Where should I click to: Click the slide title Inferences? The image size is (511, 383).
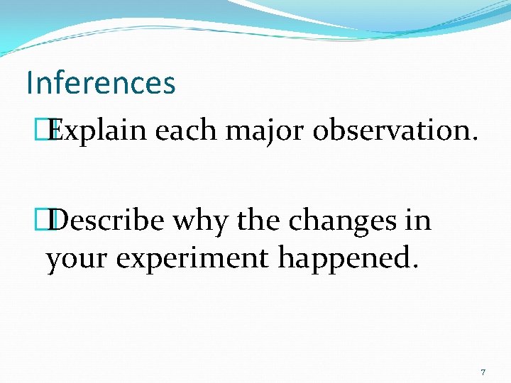[100, 83]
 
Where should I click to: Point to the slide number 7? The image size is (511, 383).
[483, 372]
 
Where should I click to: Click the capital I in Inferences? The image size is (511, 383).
[30, 83]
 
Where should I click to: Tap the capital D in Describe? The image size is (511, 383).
[61, 221]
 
